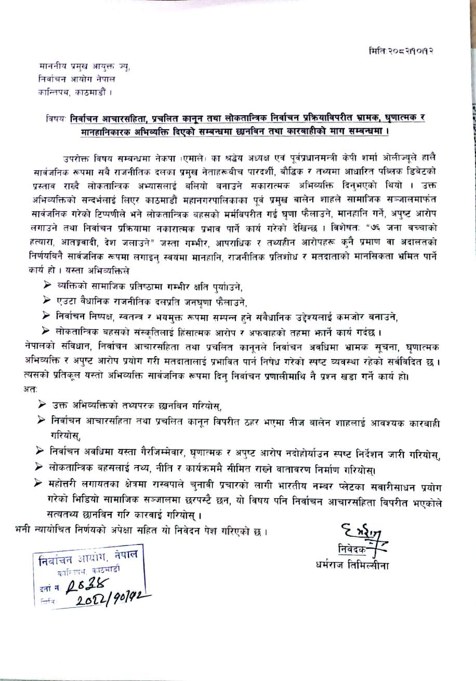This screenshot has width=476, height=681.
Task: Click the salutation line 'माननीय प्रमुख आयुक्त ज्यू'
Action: (x=85, y=67)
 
